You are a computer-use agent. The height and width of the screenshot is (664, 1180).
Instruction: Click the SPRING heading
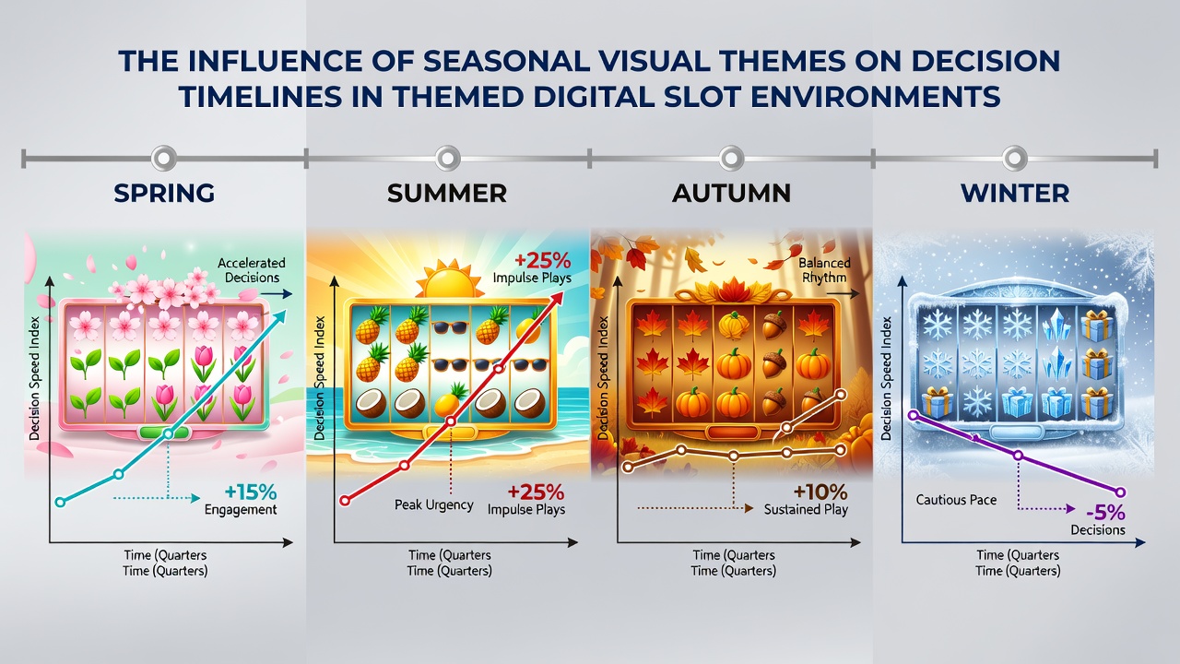coord(164,193)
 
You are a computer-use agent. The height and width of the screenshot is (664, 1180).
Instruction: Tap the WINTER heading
coord(1015,193)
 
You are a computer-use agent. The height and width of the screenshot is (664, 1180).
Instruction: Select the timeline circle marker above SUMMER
coord(447,158)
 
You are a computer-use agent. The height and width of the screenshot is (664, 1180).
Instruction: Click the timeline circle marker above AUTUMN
coord(731,158)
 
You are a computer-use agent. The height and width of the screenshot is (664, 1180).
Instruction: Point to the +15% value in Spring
coord(250,492)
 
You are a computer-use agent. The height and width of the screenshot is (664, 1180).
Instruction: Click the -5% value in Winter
coord(1105,512)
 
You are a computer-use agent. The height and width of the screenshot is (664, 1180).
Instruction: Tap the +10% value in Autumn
coord(820,492)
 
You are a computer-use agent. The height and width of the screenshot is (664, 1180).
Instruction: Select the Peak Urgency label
coord(434,504)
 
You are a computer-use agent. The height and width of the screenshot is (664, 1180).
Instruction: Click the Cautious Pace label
coord(956,500)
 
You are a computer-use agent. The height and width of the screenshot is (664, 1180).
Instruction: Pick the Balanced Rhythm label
coord(824,270)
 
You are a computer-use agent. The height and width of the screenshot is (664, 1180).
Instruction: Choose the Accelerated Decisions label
coord(252,270)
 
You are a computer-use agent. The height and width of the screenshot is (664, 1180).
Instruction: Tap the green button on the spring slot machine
coord(164,433)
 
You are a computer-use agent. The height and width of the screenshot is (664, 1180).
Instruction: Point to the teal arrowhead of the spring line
coord(278,317)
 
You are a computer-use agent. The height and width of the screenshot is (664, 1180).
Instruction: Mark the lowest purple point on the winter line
coord(1120,492)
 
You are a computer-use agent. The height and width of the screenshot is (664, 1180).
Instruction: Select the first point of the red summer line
coord(345,501)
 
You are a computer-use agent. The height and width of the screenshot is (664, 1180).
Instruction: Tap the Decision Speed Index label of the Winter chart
coord(886,378)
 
